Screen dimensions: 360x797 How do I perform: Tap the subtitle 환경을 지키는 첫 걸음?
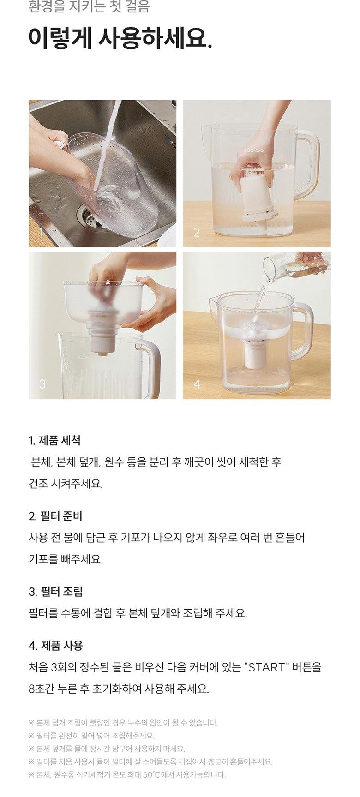(89, 7)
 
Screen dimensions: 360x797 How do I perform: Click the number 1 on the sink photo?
(42, 232)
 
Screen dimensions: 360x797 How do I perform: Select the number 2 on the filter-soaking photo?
(197, 232)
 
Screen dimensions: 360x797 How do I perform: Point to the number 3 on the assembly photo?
(42, 384)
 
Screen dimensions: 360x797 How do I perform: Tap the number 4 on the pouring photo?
(197, 384)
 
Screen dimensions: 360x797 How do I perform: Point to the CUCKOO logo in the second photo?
(254, 150)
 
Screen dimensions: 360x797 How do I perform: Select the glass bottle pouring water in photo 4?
(295, 265)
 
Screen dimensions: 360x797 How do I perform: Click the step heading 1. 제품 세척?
(54, 441)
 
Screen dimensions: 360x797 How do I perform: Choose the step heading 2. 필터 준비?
(55, 516)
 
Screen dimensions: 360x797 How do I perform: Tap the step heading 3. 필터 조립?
(55, 592)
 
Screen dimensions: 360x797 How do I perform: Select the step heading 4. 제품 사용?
(55, 646)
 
